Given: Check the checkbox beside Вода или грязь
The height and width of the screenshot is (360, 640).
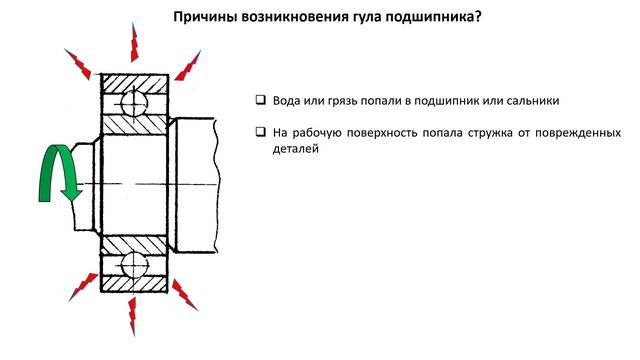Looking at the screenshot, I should point(259,101).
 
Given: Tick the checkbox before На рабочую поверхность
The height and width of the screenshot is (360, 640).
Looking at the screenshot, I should point(259,132).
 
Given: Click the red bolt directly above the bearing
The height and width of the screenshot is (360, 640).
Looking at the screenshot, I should point(134,41).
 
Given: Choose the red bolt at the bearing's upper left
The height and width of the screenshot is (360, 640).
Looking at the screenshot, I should point(77,65).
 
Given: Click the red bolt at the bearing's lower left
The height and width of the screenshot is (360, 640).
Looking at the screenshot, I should point(79,293).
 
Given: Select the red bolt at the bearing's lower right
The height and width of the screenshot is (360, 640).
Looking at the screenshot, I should point(185,295).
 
